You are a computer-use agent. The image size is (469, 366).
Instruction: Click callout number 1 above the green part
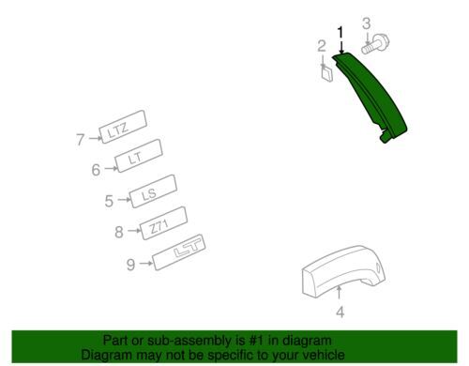click(x=340, y=33)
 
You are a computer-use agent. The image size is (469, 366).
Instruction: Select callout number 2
click(x=322, y=46)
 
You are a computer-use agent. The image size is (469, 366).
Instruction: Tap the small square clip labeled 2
click(x=326, y=74)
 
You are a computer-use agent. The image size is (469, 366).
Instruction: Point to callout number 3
click(x=367, y=23)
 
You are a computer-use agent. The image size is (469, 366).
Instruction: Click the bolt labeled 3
click(x=375, y=44)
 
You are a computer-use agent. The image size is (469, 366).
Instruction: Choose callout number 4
click(x=340, y=312)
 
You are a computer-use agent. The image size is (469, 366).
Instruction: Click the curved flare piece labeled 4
click(x=343, y=271)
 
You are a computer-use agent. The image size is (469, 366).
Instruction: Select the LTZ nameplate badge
click(x=123, y=127)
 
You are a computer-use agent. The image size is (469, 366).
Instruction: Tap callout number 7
click(x=81, y=140)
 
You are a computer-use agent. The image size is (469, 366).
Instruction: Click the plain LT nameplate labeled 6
click(x=139, y=156)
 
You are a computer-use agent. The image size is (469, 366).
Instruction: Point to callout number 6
click(x=96, y=170)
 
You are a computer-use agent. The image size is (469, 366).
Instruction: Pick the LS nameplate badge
click(x=153, y=191)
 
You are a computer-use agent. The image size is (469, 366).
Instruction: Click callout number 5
click(x=109, y=201)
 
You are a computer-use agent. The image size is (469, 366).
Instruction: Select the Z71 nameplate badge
click(x=164, y=223)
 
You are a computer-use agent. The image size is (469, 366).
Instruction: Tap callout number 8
click(x=119, y=232)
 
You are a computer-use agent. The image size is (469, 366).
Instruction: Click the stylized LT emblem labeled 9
click(x=178, y=252)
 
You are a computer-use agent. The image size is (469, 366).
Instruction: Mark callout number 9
click(x=130, y=265)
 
